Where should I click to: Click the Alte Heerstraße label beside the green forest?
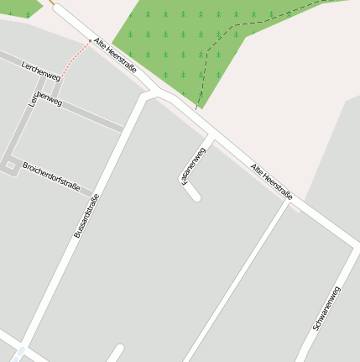tap(115, 55)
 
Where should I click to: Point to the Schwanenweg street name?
tap(326, 307)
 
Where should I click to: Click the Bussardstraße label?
tap(86, 216)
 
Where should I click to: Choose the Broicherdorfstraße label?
tap(51, 177)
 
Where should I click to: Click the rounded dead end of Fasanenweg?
tap(196, 197)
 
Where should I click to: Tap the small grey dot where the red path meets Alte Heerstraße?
tap(89, 40)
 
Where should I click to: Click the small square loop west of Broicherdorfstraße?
tap(10, 165)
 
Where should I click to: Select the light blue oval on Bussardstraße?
tap(19, 351)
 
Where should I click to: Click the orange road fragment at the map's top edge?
tap(53, 3)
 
